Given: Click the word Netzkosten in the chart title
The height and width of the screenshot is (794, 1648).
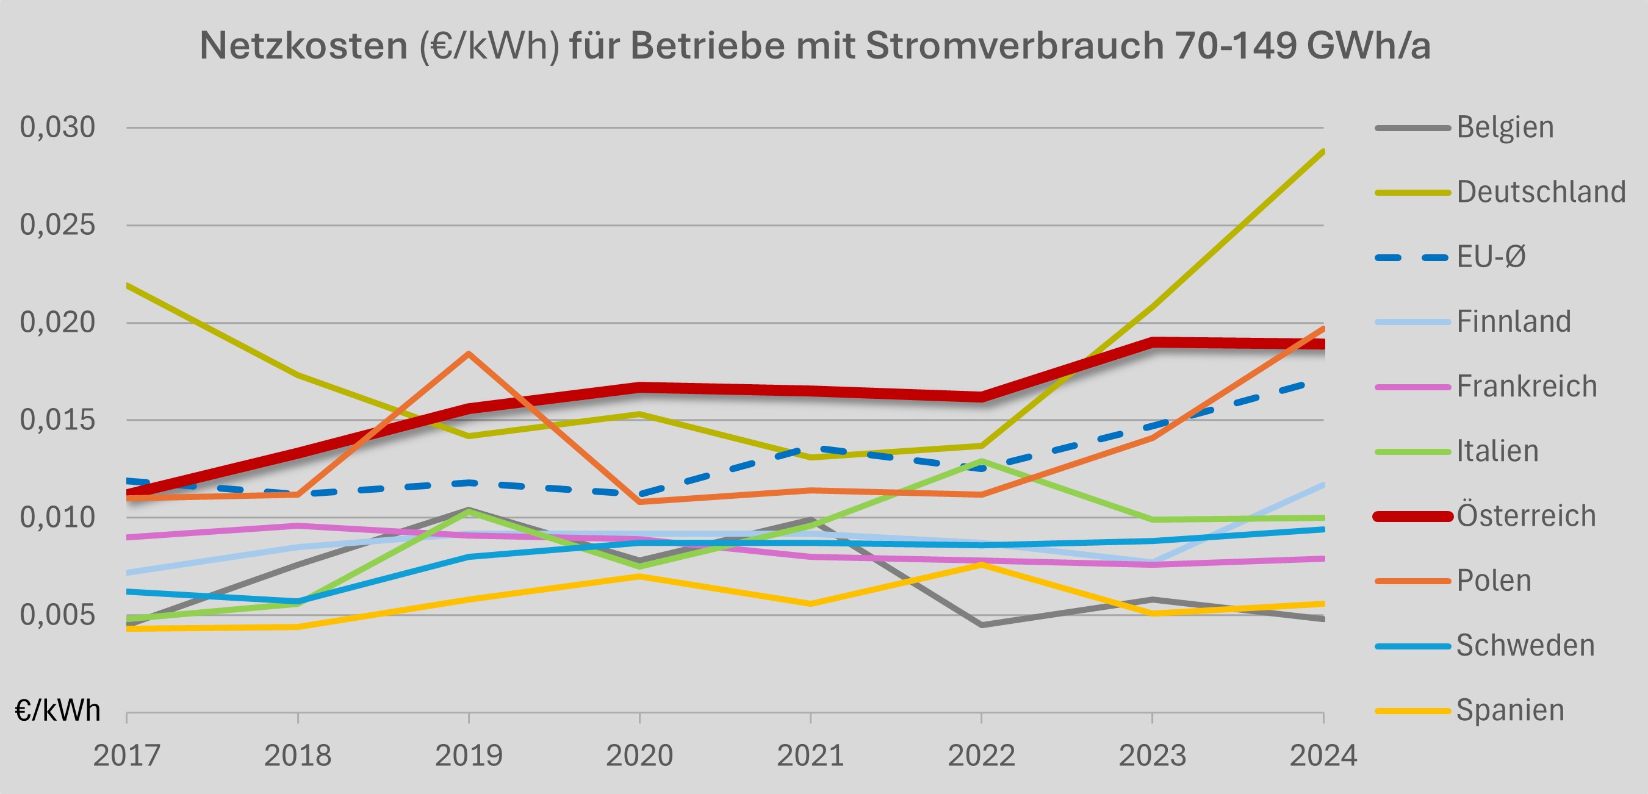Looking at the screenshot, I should coord(303,46).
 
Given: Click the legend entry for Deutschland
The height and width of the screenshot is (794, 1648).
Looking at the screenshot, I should coord(1541,191).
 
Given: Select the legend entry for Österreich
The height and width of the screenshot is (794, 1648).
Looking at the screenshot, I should coord(1526,516).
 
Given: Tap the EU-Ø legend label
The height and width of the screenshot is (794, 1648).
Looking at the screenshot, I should coord(1491,257).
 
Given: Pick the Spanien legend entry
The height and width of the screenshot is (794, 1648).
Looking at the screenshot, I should coord(1510,710).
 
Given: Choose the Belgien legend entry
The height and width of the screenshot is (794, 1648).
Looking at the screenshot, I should coord(1505,127).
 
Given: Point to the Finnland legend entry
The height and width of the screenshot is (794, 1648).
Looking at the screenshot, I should coord(1513,321).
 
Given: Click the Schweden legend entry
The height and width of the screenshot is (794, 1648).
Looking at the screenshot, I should coord(1525,646).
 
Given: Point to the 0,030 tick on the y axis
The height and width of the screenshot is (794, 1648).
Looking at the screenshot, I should coord(57,127).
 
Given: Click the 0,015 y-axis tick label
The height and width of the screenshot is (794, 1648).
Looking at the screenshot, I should coord(57,420).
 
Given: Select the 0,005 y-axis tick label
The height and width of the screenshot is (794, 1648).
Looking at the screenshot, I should coord(57,615).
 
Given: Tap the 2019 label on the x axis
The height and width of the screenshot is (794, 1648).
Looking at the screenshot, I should coord(469,756).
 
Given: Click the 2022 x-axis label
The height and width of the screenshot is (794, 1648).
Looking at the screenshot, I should coord(981,756).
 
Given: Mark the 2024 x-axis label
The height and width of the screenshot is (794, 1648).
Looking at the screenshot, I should coord(1323,756).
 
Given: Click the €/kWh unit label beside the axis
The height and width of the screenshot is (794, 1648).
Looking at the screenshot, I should coord(57,710).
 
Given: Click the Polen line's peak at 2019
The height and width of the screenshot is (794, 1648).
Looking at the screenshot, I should coord(469,353).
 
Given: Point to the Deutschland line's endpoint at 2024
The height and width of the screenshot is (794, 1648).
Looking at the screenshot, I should coord(1322,151).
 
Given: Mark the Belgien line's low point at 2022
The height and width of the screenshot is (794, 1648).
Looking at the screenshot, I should coord(981,624).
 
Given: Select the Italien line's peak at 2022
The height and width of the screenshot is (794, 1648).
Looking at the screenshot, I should coord(981,460).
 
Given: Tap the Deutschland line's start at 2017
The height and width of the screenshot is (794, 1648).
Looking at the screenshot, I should coord(128,285).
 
